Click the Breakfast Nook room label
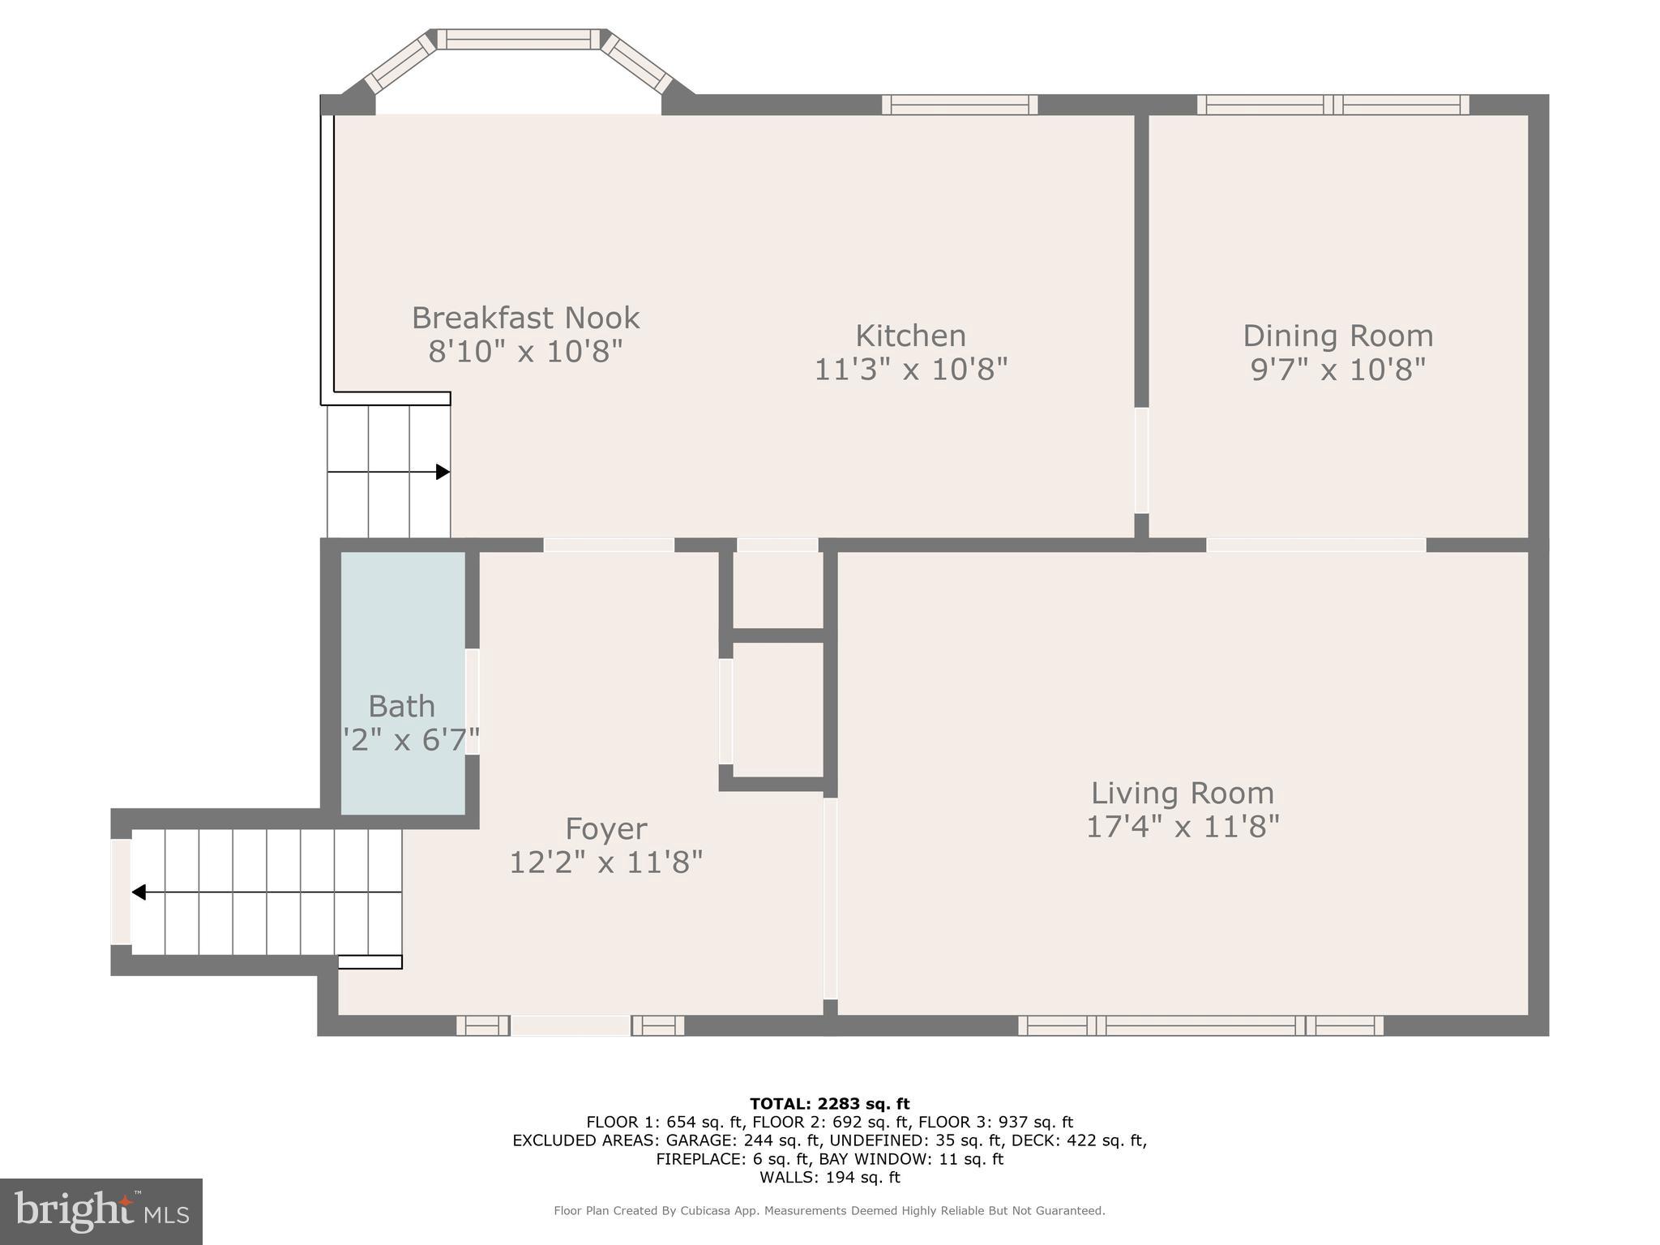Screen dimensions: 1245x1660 [525, 318]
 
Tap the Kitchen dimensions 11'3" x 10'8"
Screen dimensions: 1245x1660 [910, 370]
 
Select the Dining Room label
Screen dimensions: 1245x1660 [1337, 336]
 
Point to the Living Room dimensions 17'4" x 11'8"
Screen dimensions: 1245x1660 [1182, 827]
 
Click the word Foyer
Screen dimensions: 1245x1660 [605, 828]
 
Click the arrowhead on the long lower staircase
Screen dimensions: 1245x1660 [139, 892]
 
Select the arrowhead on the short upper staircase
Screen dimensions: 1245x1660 [443, 472]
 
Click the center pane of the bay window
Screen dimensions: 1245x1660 [519, 39]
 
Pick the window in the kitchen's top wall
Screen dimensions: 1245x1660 [960, 105]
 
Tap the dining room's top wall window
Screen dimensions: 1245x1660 [1333, 105]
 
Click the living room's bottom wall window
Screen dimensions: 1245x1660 [1200, 1026]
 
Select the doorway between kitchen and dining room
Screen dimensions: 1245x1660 [1141, 460]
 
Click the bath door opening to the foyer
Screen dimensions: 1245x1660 [472, 702]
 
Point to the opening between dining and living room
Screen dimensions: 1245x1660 [1316, 545]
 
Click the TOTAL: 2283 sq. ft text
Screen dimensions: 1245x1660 [829, 1104]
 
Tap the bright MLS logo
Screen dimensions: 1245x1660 [101, 1212]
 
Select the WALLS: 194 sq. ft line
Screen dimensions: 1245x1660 [829, 1178]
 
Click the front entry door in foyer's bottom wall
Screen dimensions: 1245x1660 [570, 1026]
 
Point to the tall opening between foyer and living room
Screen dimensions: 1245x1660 [830, 898]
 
